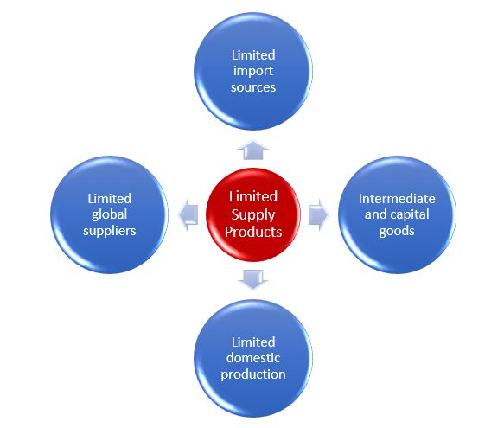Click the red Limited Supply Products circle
(253, 214)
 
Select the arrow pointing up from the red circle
(253, 150)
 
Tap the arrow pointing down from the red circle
(253, 279)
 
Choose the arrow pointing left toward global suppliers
(188, 214)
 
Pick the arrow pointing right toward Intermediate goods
(318, 214)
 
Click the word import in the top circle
(253, 72)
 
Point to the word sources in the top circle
(253, 87)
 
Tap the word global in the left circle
(109, 214)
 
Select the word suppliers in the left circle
(110, 231)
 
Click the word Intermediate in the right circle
(397, 198)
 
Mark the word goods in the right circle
(397, 231)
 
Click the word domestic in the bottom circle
(253, 358)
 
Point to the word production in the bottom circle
(253, 374)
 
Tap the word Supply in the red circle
(253, 215)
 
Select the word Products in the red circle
(253, 232)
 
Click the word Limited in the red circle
(253, 196)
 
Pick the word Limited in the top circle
(253, 55)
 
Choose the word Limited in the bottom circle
(253, 342)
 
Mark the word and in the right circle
(374, 214)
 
